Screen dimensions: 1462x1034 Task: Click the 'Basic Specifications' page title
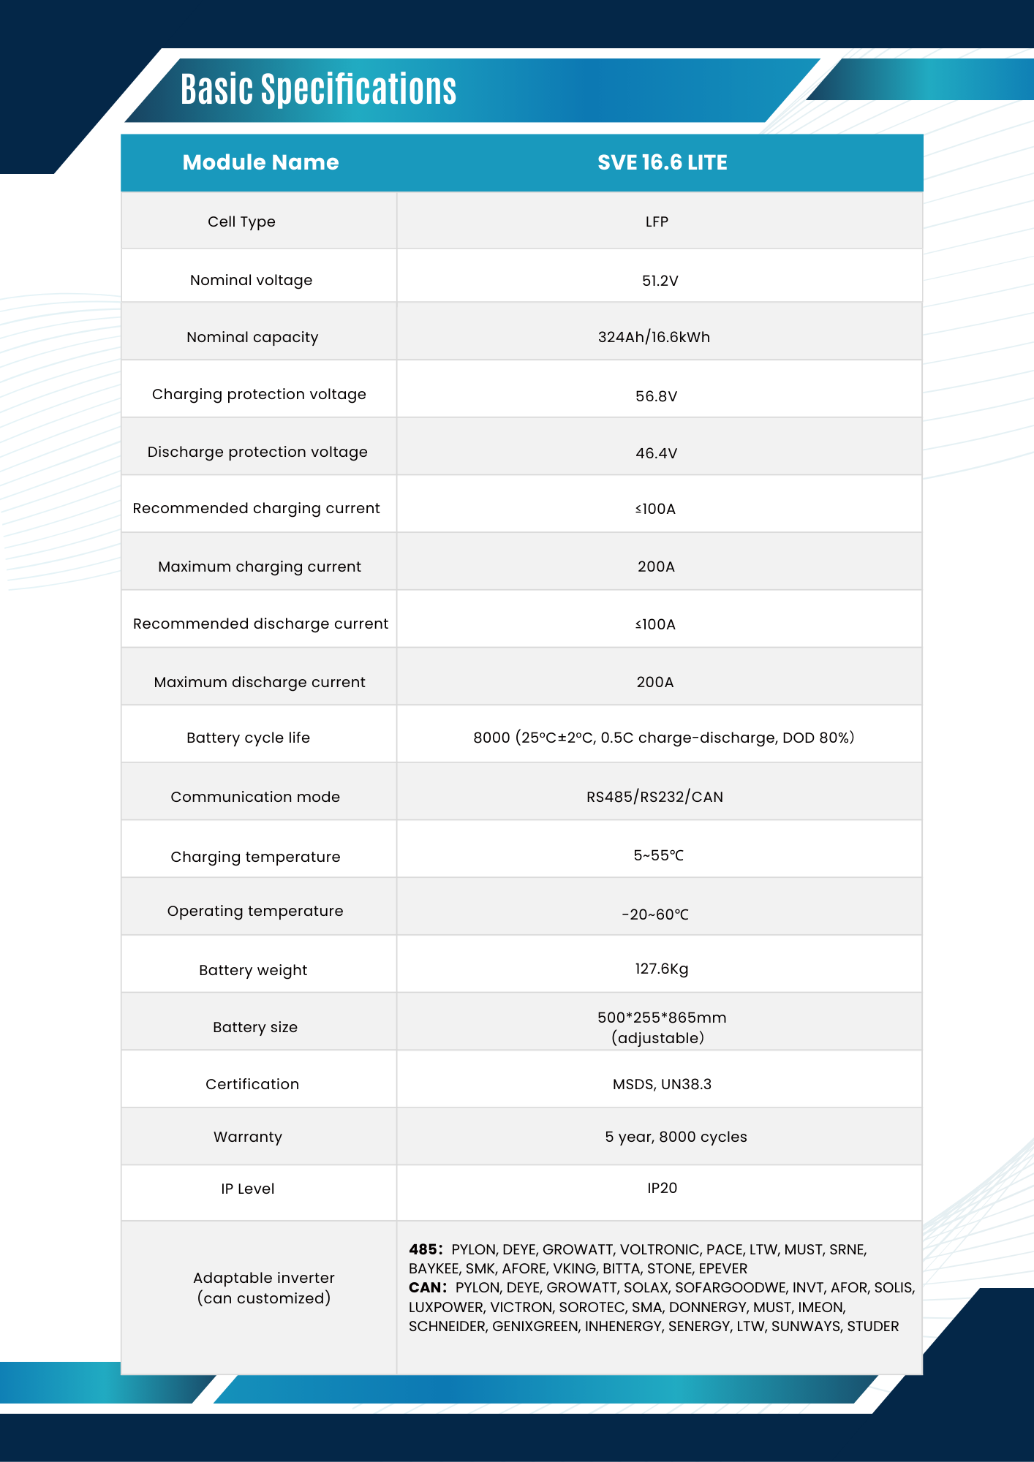tap(318, 89)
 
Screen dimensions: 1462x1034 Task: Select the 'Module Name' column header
tap(260, 162)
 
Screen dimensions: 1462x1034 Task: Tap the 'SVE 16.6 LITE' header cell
tap(662, 162)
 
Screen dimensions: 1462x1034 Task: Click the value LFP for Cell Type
tap(657, 221)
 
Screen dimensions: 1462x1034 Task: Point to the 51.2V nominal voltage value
tap(660, 281)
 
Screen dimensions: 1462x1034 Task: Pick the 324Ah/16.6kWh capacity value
tap(654, 337)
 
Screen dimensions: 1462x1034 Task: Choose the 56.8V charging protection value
tap(656, 396)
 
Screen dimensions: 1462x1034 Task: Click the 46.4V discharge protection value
tap(656, 453)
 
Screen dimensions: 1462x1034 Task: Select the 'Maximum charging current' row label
tap(260, 567)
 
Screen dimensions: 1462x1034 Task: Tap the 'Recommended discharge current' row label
tap(260, 624)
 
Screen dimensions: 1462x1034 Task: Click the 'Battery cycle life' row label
tap(248, 738)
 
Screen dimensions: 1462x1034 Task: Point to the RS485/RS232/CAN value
tap(654, 797)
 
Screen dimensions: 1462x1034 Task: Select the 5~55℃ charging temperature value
tap(658, 855)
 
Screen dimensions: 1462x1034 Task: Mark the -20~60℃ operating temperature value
tap(655, 914)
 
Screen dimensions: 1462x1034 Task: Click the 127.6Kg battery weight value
tap(661, 969)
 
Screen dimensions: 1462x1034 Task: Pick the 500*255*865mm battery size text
tap(662, 1018)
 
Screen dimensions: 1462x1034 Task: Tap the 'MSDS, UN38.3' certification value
tap(662, 1084)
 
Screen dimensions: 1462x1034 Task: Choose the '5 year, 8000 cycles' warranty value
tap(676, 1137)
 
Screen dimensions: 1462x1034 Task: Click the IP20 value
tap(662, 1188)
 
